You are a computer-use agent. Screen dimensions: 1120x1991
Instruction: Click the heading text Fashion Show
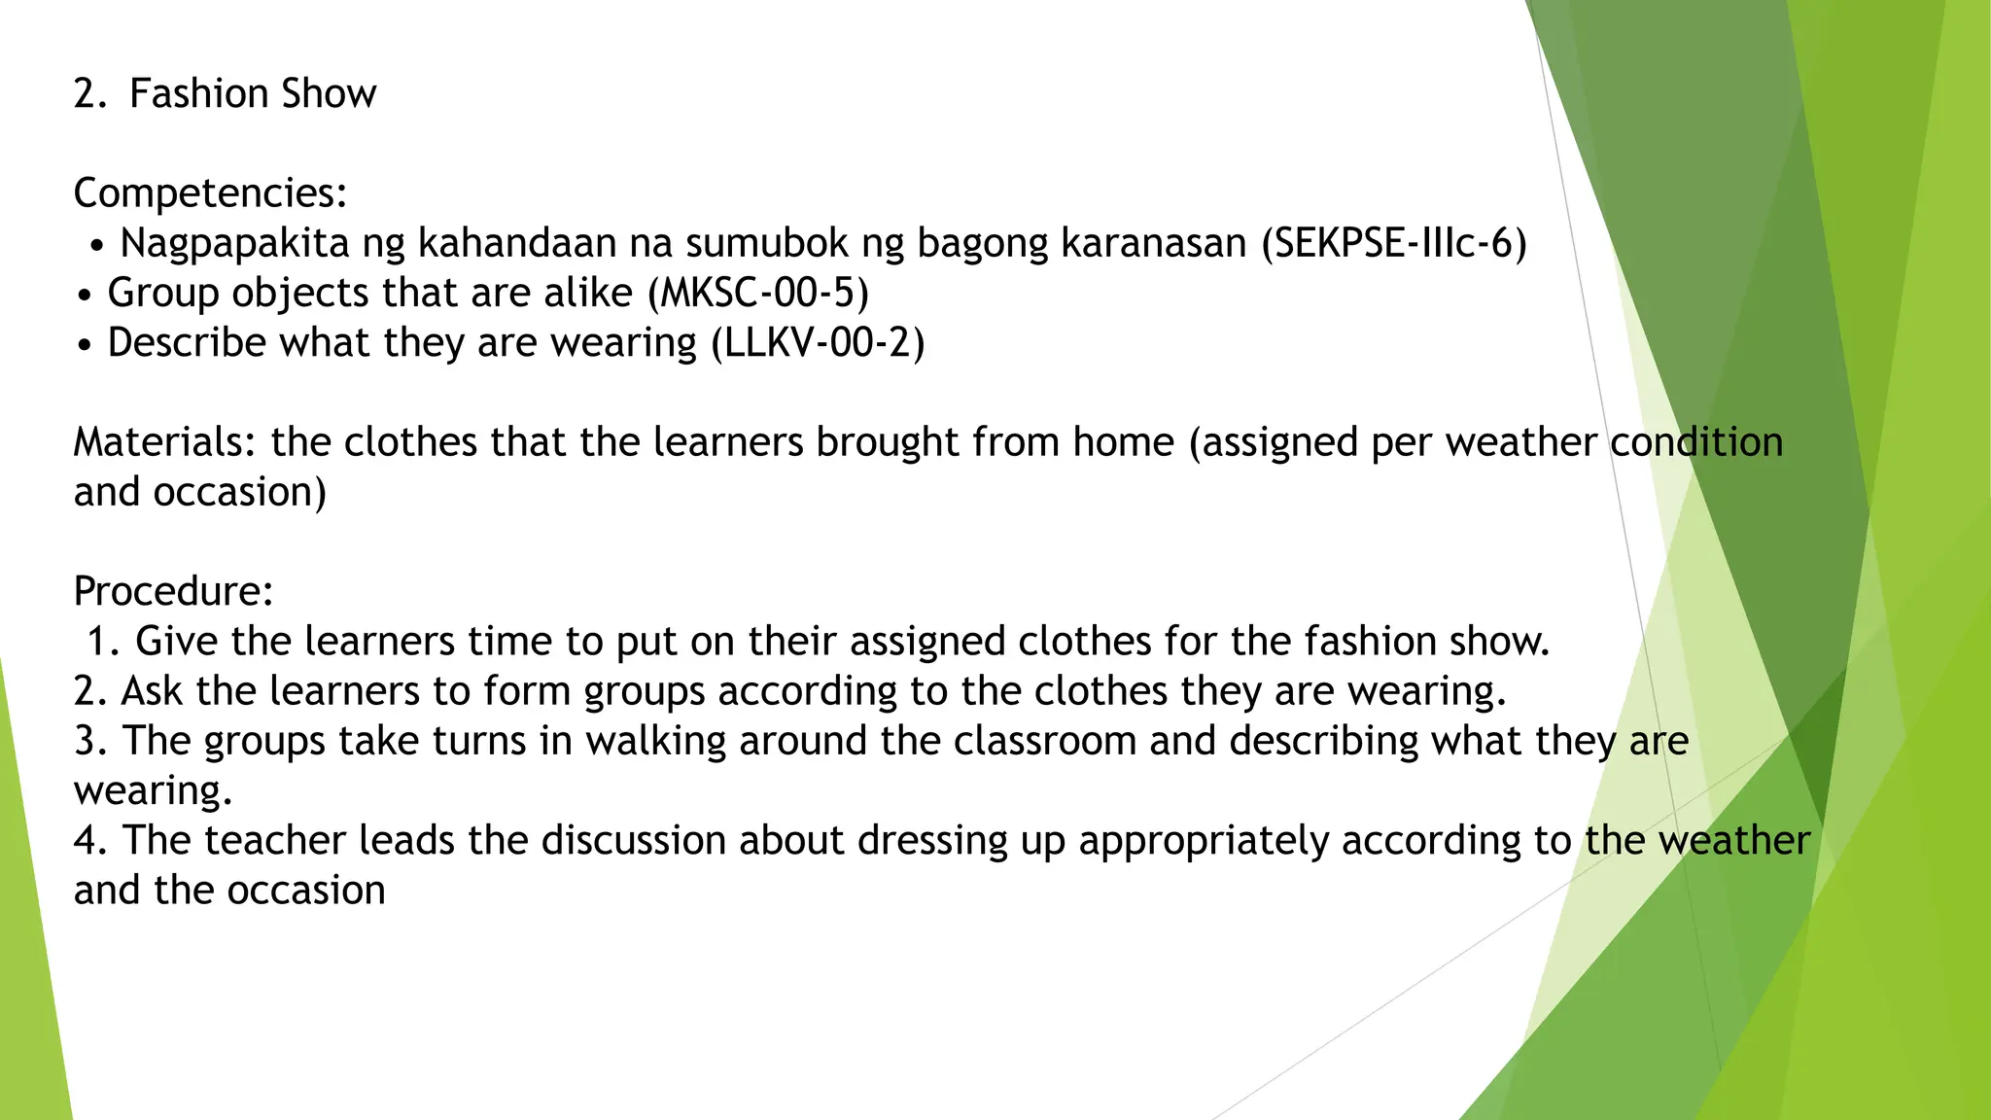(252, 93)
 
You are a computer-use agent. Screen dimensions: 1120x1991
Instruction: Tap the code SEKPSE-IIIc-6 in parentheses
(1394, 243)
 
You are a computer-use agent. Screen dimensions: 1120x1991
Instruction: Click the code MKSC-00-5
(758, 293)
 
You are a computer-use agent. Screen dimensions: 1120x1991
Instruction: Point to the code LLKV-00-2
(818, 342)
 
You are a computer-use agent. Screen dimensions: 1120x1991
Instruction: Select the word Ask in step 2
(152, 691)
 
